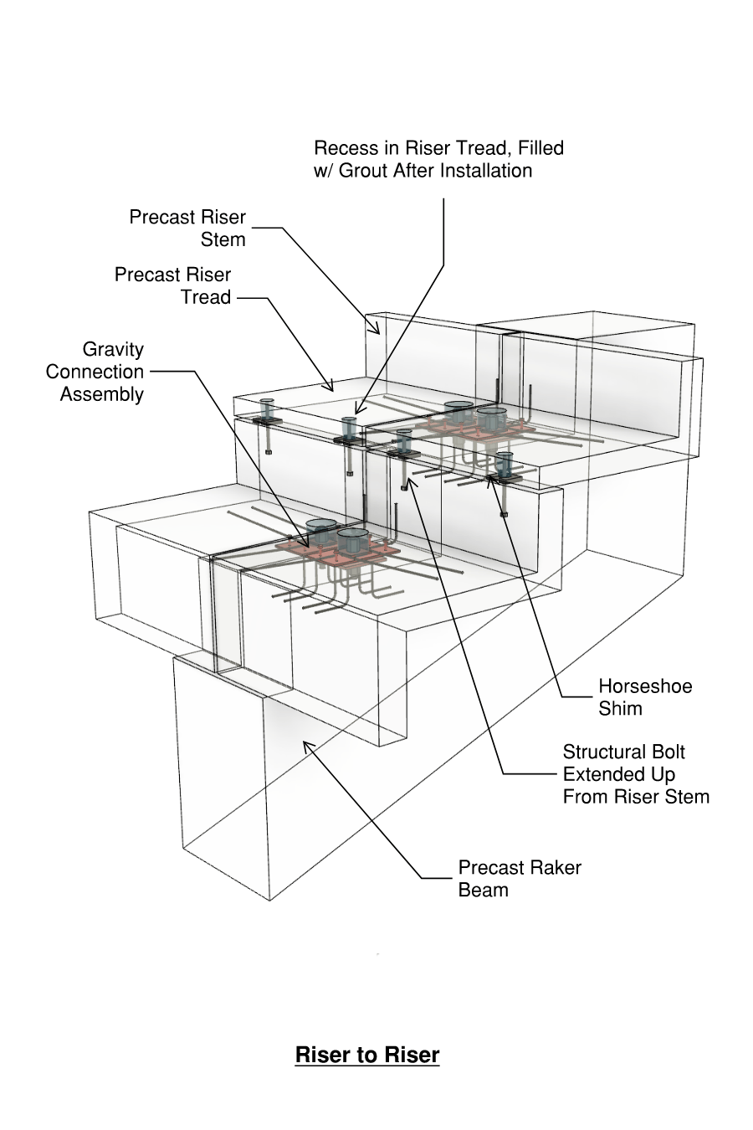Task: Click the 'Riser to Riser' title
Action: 367,1055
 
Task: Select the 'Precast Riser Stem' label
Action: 187,229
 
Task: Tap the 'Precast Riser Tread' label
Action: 173,285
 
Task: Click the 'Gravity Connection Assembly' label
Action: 95,372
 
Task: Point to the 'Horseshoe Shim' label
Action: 644,697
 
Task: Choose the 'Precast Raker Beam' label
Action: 519,878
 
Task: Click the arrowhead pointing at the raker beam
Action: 306,744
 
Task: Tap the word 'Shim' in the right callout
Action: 620,709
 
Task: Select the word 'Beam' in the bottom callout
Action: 483,890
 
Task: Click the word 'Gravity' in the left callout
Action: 113,349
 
